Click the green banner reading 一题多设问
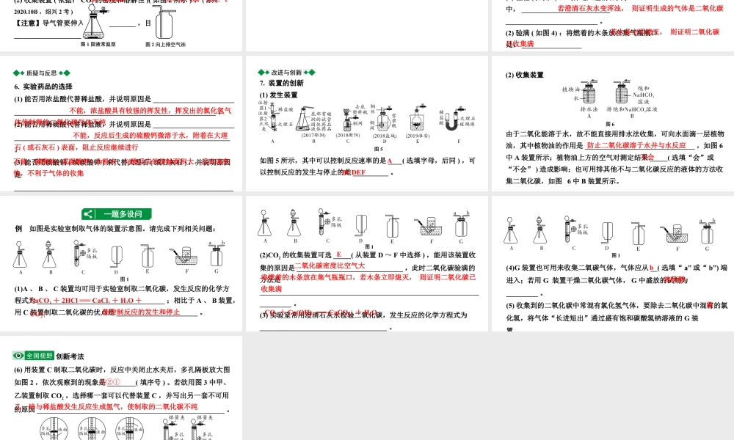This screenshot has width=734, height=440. click(x=117, y=214)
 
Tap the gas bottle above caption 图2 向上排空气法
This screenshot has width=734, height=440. click(x=164, y=26)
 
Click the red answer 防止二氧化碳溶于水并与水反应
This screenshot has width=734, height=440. click(x=635, y=145)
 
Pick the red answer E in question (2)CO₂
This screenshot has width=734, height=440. click(x=339, y=254)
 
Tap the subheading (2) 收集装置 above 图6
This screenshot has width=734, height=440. click(x=524, y=75)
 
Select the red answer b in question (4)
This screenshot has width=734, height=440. click(x=652, y=268)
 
